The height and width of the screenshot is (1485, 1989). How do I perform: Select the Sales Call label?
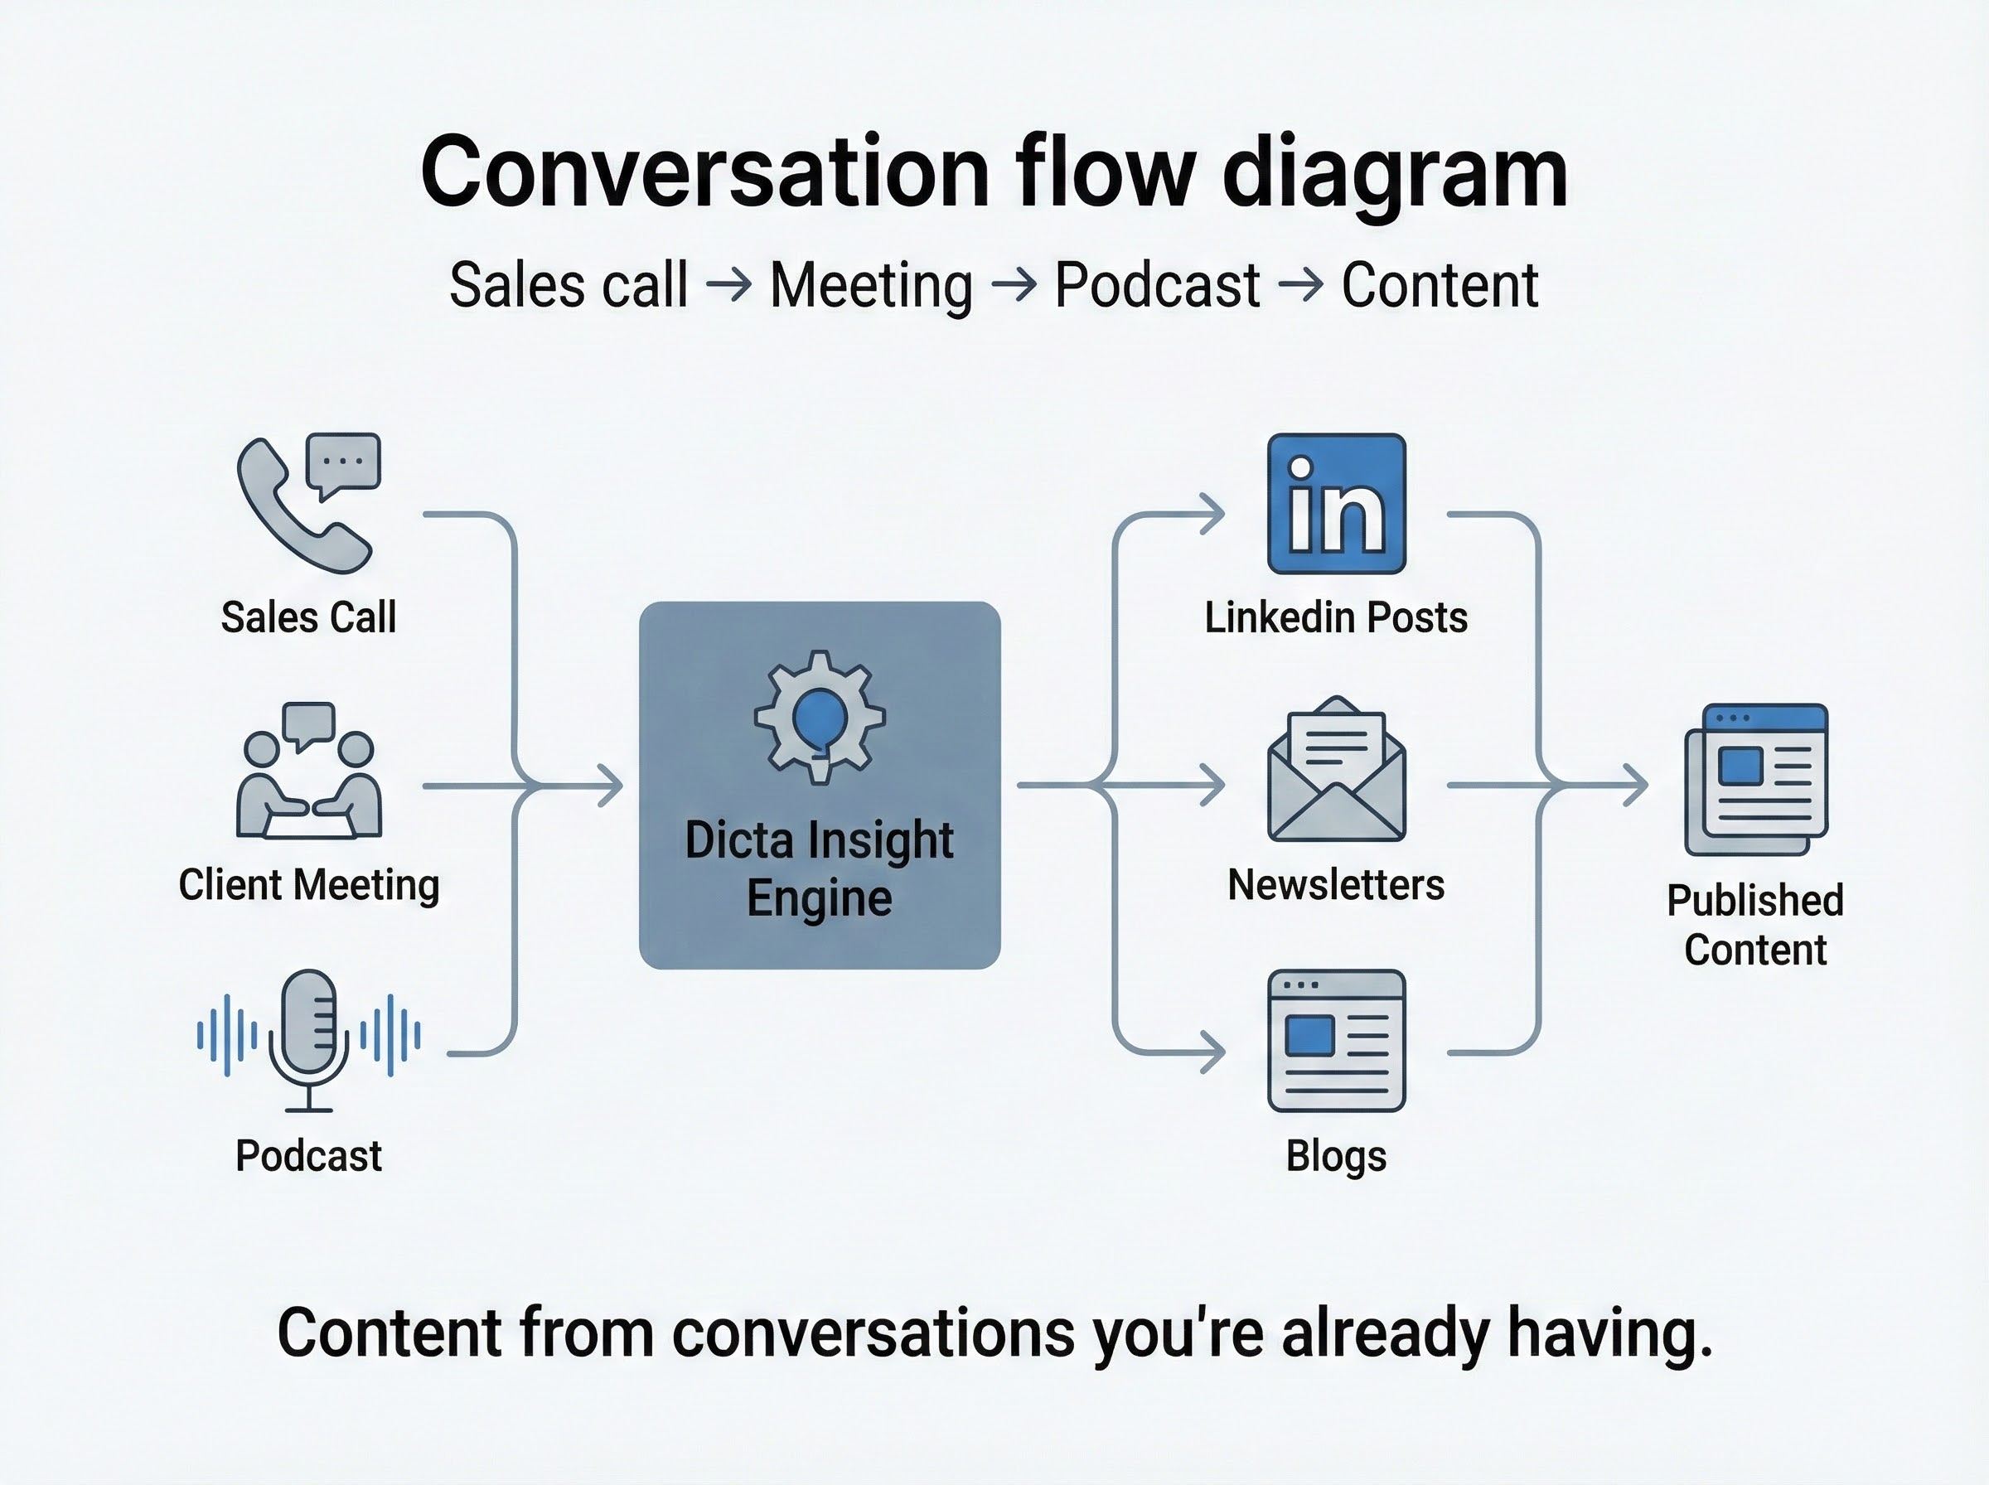(308, 617)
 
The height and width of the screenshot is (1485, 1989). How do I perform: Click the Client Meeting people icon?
(308, 773)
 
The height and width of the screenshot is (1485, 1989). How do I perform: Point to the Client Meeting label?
(308, 884)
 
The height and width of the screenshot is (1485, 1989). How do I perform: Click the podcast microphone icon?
(308, 1038)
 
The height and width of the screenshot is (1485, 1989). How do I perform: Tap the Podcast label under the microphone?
(308, 1156)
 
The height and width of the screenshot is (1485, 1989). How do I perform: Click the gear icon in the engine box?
(819, 717)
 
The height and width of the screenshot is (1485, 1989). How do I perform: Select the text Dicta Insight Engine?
(819, 868)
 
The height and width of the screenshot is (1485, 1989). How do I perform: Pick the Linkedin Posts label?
(1336, 617)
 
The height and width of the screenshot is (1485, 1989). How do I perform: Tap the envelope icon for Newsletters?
(1336, 772)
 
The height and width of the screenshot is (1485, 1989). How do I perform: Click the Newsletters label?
(1336, 884)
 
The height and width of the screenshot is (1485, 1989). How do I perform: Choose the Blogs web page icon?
(1336, 1040)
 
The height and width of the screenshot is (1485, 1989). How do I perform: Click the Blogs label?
(1336, 1156)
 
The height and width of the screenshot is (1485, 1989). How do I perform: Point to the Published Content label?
(1754, 925)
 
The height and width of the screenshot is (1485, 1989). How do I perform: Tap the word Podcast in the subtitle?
(1157, 286)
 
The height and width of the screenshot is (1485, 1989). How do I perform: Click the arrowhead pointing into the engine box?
(613, 786)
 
